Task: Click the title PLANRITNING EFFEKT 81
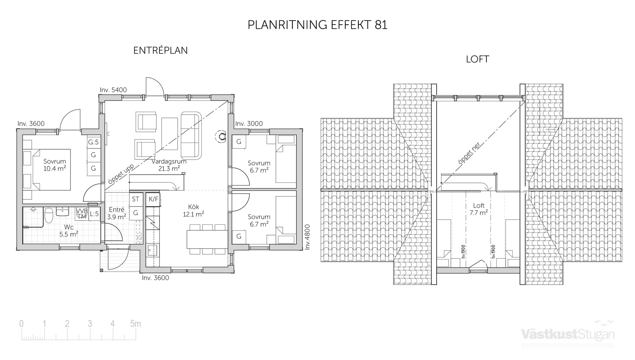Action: pyautogui.click(x=317, y=25)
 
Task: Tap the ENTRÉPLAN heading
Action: pyautogui.click(x=160, y=51)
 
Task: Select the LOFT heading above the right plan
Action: pyautogui.click(x=477, y=59)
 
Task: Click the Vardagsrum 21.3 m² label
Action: pyautogui.click(x=169, y=165)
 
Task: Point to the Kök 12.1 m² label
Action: pyautogui.click(x=193, y=211)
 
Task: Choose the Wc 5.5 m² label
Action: pyautogui.click(x=69, y=231)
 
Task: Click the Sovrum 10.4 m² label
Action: pyautogui.click(x=55, y=165)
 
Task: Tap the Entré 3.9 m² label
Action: pyautogui.click(x=116, y=213)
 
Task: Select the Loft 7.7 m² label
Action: pyautogui.click(x=479, y=209)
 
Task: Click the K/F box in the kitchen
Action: pyautogui.click(x=153, y=199)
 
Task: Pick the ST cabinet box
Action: pyautogui.click(x=136, y=199)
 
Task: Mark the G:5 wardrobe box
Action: pyautogui.click(x=93, y=142)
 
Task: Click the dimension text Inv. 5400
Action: pyautogui.click(x=113, y=90)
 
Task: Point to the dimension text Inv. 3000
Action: pyautogui.click(x=249, y=124)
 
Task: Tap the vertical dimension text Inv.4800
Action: pyautogui.click(x=307, y=237)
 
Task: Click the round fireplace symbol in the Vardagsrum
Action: pyautogui.click(x=221, y=136)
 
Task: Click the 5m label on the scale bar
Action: pyautogui.click(x=135, y=324)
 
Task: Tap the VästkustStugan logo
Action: pyautogui.click(x=568, y=334)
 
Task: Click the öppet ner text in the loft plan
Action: pyautogui.click(x=469, y=153)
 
